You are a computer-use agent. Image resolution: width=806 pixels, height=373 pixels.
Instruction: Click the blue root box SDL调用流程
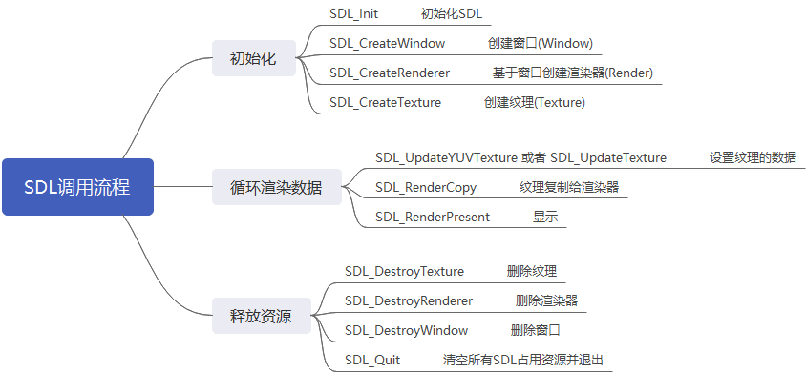(77, 187)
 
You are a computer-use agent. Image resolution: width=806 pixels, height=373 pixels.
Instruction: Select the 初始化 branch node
(253, 58)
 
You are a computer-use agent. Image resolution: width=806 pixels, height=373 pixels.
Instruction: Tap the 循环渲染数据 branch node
(276, 187)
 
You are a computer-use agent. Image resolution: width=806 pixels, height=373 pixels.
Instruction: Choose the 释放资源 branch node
(261, 316)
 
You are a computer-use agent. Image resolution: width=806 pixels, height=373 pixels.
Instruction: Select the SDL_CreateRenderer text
(390, 73)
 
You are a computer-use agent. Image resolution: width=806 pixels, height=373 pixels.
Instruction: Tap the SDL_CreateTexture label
(386, 102)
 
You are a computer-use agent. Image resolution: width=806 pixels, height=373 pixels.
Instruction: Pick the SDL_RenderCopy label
(426, 187)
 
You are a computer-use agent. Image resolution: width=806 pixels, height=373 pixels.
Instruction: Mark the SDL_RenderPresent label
(433, 217)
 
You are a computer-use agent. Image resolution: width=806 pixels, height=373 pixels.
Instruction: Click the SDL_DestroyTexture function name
(404, 271)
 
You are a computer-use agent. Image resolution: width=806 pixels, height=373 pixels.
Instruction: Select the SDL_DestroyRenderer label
(409, 300)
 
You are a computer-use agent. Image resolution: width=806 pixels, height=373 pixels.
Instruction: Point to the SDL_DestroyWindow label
(407, 330)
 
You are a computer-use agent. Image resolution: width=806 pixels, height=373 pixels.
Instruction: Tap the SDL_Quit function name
(372, 360)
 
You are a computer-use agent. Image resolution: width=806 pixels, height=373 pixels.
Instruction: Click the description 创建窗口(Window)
(539, 44)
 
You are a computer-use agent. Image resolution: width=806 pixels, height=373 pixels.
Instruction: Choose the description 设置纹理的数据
(753, 157)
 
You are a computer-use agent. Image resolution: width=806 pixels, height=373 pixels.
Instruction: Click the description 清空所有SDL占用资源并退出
(523, 360)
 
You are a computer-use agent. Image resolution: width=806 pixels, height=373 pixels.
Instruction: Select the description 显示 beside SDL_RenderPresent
(546, 217)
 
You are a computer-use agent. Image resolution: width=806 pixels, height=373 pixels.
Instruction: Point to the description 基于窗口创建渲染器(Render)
(573, 73)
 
